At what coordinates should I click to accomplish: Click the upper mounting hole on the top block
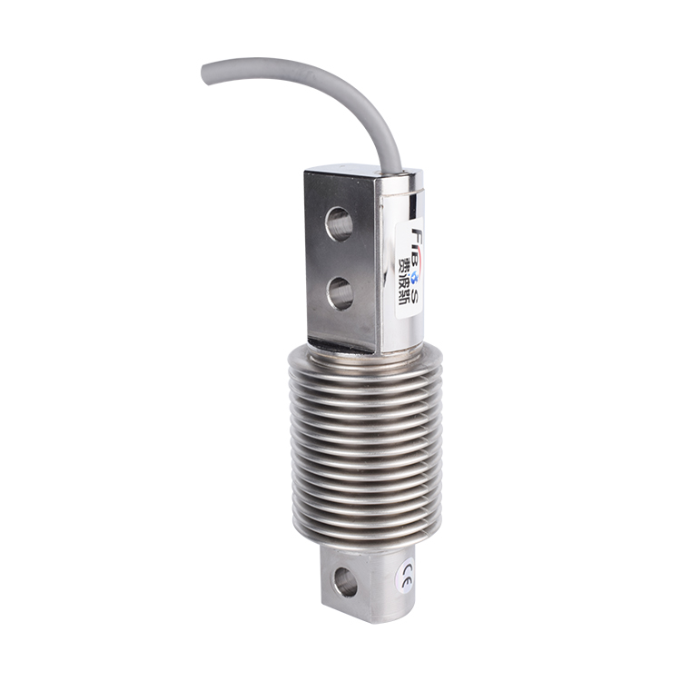coord(340,223)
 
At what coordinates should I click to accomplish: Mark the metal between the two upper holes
coord(340,258)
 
